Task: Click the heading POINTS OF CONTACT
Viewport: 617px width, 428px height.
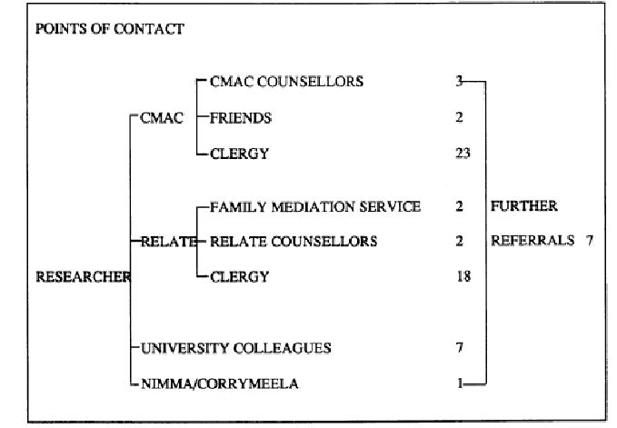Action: coord(110,29)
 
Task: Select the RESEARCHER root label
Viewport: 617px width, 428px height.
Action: coord(83,277)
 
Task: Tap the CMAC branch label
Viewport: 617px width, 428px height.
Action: coord(162,118)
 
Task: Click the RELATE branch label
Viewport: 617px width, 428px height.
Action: coord(168,242)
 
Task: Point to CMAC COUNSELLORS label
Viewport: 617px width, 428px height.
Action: coord(286,82)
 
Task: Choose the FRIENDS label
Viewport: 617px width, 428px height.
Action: coord(241,118)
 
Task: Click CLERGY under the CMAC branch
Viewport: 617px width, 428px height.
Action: coord(239,154)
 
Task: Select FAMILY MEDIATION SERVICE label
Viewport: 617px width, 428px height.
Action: coord(315,207)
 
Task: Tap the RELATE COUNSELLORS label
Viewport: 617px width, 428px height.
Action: coord(294,242)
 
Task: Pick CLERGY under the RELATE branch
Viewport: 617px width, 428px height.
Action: coord(239,277)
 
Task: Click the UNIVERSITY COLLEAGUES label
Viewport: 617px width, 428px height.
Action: coord(236,348)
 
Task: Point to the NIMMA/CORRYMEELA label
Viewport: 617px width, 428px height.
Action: coord(220,383)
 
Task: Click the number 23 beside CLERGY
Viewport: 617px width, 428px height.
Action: coord(463,153)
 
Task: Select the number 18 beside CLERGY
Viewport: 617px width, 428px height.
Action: coord(463,276)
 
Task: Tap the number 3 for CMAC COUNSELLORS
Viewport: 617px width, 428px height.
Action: coord(459,81)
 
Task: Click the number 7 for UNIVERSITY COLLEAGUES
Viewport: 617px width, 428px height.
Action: coord(459,348)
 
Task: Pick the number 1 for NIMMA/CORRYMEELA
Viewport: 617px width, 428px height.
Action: coord(460,383)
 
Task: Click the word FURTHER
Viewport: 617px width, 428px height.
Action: coord(524,206)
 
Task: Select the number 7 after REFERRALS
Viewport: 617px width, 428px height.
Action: coord(589,241)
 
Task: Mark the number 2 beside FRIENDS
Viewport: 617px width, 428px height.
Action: coord(459,117)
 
